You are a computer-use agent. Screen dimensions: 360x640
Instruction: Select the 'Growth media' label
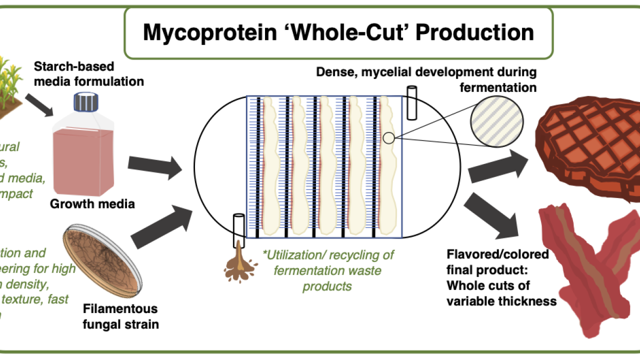(x=92, y=204)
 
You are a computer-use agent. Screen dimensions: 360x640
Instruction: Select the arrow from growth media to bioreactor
(x=155, y=167)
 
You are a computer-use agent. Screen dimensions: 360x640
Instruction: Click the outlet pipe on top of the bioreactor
(x=412, y=103)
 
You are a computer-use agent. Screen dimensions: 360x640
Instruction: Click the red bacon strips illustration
(x=590, y=265)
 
